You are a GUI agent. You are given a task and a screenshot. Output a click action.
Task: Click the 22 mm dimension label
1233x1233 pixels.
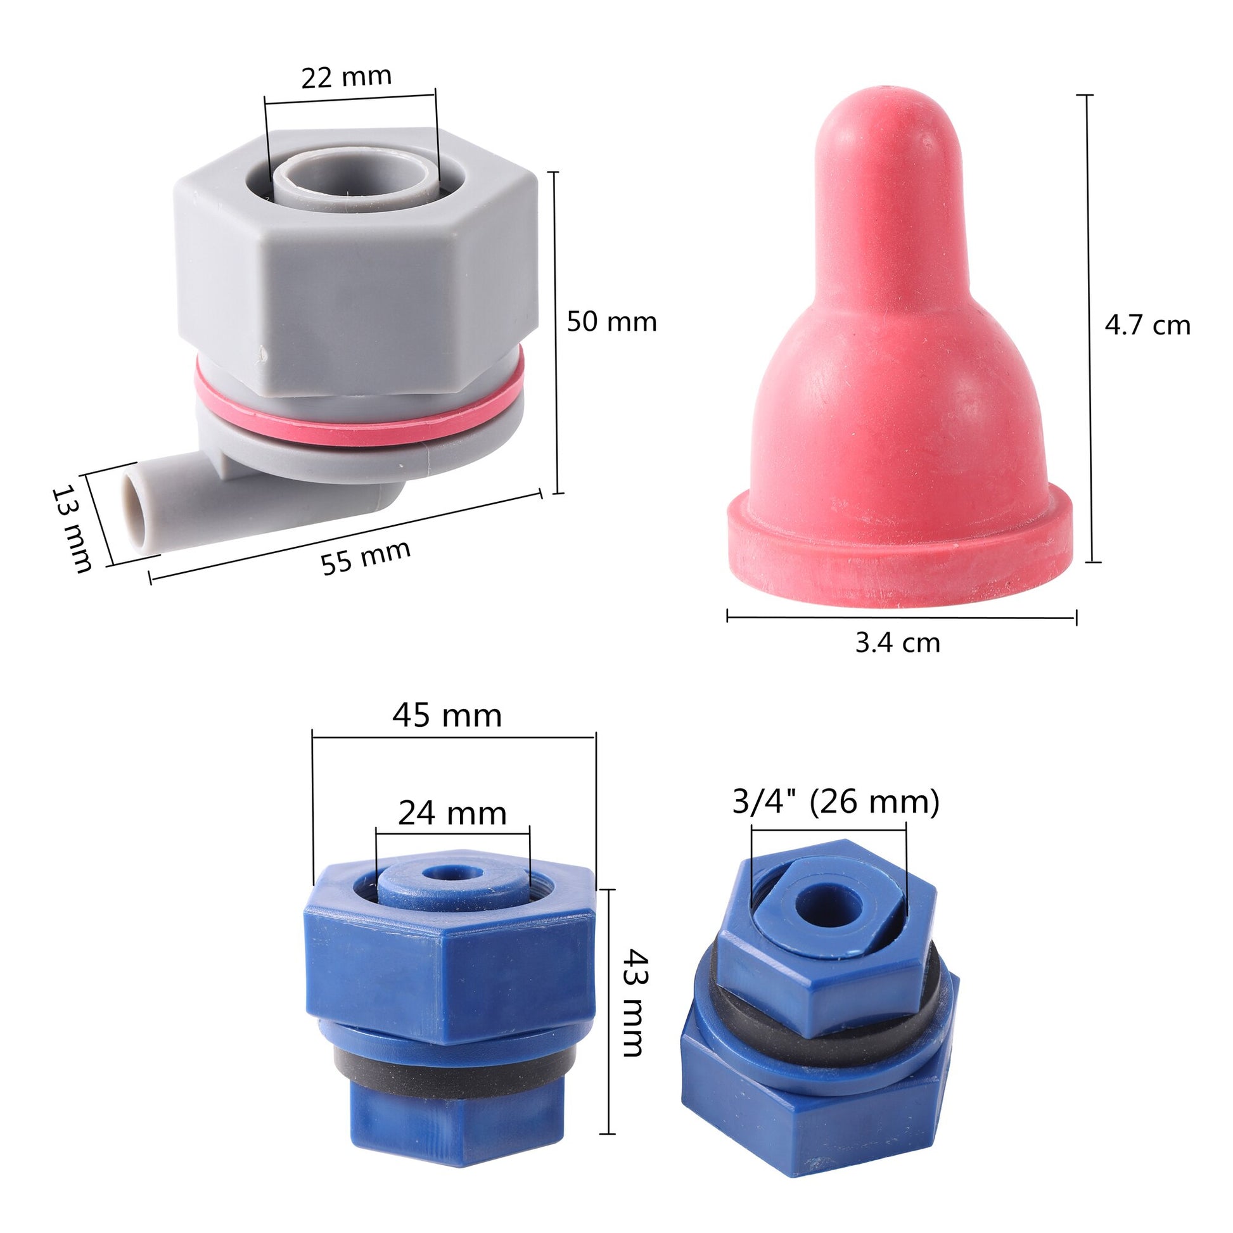[346, 77]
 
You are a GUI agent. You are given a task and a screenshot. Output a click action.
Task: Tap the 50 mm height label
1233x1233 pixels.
[611, 321]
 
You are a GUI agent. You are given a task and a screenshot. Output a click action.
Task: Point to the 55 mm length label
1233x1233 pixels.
[365, 557]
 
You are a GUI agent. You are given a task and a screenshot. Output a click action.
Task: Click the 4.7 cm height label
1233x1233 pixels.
[1147, 326]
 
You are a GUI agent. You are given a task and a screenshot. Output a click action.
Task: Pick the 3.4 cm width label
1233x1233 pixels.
[897, 642]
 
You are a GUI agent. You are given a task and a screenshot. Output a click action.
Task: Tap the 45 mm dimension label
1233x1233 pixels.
[447, 716]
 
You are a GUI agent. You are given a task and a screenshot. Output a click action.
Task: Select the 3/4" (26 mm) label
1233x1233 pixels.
[835, 802]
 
